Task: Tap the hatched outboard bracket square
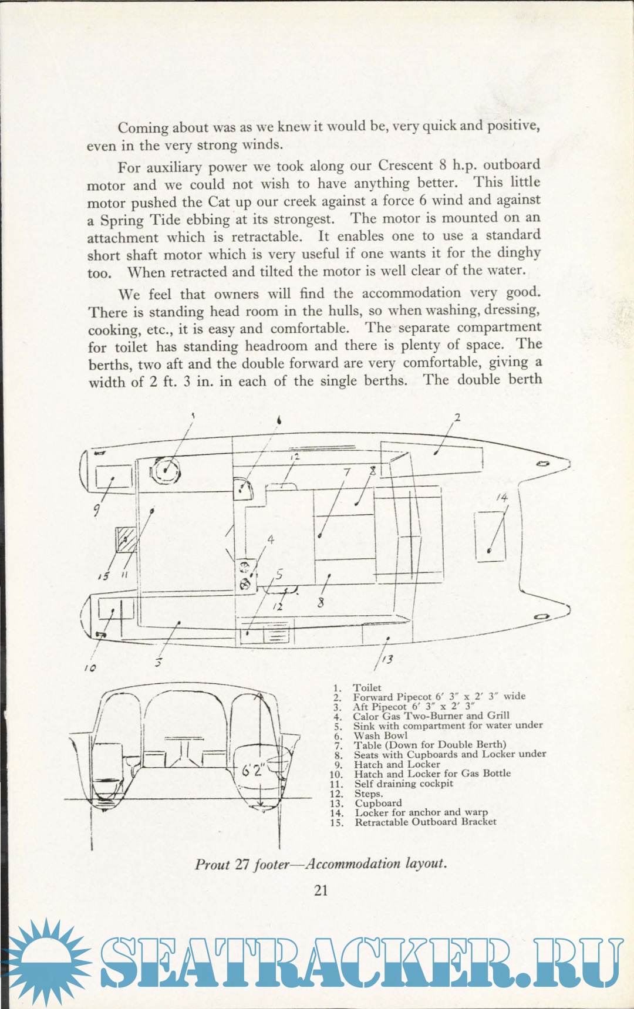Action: (126, 539)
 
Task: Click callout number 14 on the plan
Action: (501, 498)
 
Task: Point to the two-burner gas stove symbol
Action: (245, 575)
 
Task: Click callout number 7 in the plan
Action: (347, 472)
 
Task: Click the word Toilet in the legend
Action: (367, 687)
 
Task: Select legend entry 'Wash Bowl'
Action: (380, 735)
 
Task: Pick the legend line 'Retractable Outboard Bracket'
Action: (425, 822)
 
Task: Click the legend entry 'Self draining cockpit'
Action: (403, 784)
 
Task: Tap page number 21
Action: (321, 890)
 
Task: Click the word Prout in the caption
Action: (212, 865)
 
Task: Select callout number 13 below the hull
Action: (387, 660)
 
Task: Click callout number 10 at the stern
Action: (90, 668)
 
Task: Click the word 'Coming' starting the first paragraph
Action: (143, 127)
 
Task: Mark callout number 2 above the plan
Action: (457, 417)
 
